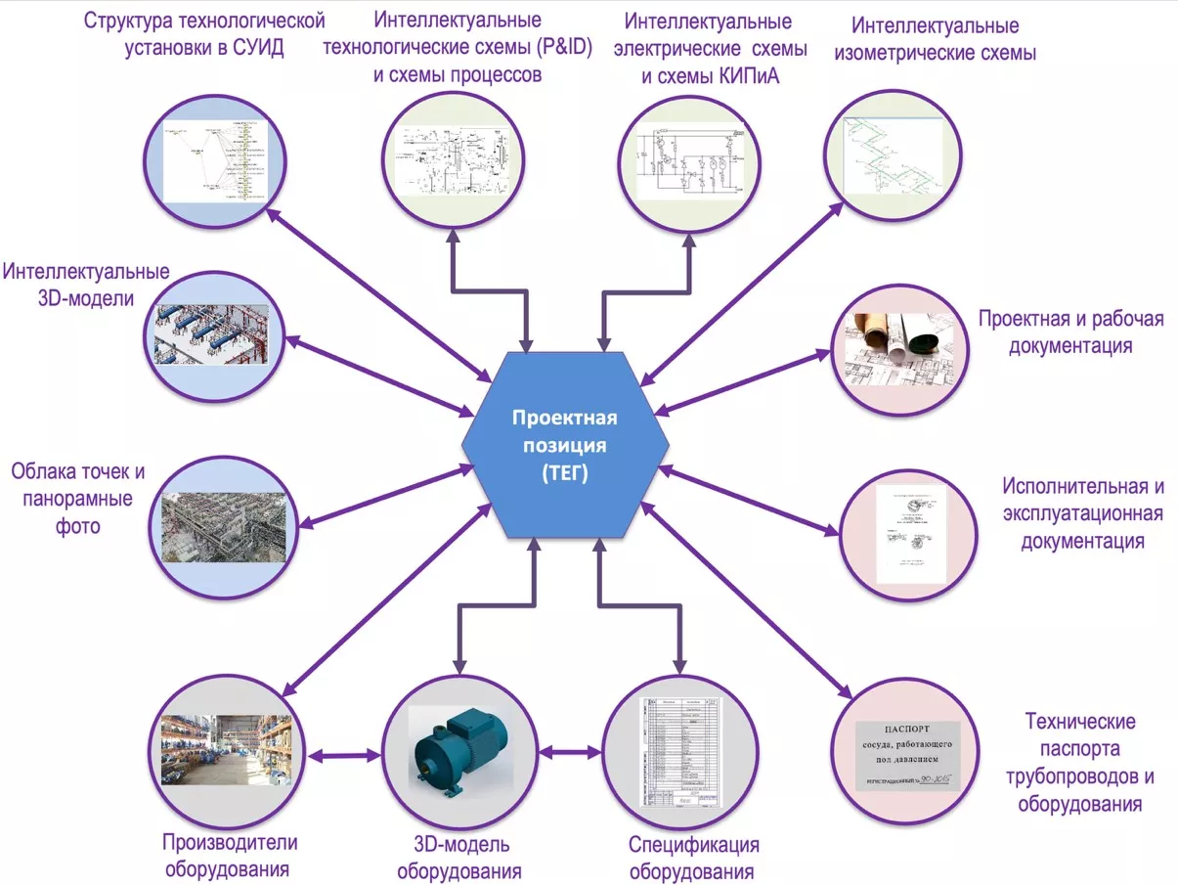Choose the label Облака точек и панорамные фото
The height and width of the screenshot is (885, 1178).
78,499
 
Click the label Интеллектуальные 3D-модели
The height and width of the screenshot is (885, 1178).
85,285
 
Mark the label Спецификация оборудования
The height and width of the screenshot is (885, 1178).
693,859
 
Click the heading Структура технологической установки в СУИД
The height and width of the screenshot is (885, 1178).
203,33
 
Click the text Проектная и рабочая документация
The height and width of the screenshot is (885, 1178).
1071,332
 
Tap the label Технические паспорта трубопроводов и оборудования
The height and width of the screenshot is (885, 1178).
1079,763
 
